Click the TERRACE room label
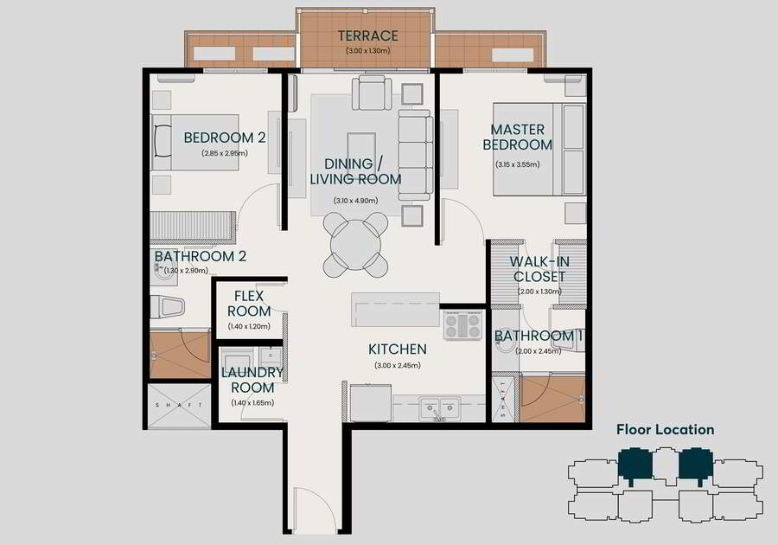(367, 35)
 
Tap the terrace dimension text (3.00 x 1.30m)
(367, 51)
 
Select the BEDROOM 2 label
(224, 138)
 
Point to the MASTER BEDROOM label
(518, 137)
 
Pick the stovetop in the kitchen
(462, 325)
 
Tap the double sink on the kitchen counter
(439, 408)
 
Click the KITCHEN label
(398, 349)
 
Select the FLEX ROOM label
(249, 304)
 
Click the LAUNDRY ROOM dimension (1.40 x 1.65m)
(252, 403)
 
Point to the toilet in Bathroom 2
(168, 307)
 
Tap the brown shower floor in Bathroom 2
(181, 355)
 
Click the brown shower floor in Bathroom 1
(553, 399)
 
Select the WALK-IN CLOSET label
(539, 269)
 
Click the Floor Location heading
(666, 430)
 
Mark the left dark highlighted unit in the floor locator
(635, 465)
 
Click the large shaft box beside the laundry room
(180, 406)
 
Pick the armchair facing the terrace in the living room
(372, 93)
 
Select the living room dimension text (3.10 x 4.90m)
(356, 201)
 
